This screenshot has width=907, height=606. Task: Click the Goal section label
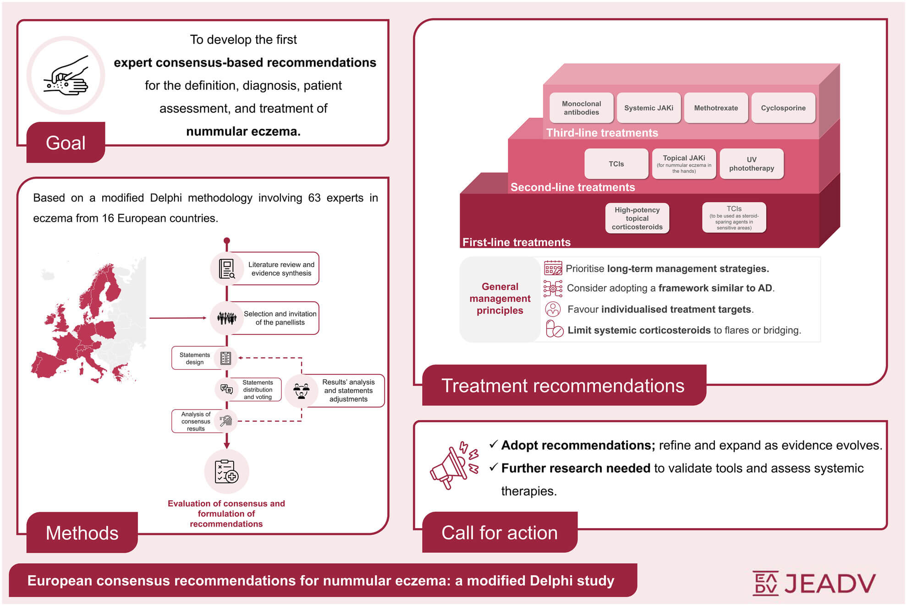pyautogui.click(x=66, y=142)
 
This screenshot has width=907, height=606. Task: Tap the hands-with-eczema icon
pyautogui.click(x=66, y=76)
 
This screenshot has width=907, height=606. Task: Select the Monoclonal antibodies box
pyautogui.click(x=581, y=108)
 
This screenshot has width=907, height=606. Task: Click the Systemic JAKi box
pyautogui.click(x=649, y=108)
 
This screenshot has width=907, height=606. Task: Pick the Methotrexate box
pyautogui.click(x=716, y=108)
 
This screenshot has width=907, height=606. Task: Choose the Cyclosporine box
pyautogui.click(x=783, y=108)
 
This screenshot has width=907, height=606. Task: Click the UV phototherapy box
pyautogui.click(x=752, y=164)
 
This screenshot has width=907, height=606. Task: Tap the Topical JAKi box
pyautogui.click(x=684, y=164)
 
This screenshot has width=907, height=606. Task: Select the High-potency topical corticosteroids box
pyautogui.click(x=637, y=218)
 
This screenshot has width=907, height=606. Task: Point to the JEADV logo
pyautogui.click(x=814, y=583)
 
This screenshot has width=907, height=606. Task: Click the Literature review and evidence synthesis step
pyautogui.click(x=264, y=268)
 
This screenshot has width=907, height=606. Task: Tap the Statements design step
pyautogui.click(x=204, y=358)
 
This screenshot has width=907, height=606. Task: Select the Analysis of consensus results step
pyautogui.click(x=204, y=421)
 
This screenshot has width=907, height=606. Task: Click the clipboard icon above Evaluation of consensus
pyautogui.click(x=226, y=471)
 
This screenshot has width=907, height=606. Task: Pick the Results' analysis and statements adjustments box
pyautogui.click(x=335, y=391)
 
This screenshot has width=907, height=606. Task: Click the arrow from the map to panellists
pyautogui.click(x=178, y=317)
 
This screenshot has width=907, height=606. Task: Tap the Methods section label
pyautogui.click(x=82, y=532)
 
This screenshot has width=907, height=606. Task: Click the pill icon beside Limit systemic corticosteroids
pyautogui.click(x=555, y=329)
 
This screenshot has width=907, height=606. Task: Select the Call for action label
pyautogui.click(x=500, y=532)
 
